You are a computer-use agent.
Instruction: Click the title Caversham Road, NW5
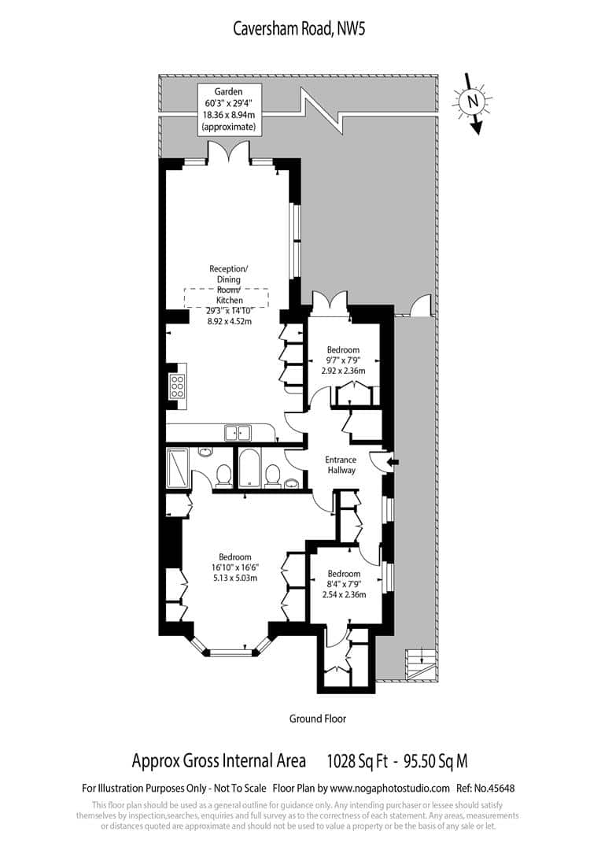(300, 29)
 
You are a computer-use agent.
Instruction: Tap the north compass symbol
(472, 102)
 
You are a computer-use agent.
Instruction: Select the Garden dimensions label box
(228, 109)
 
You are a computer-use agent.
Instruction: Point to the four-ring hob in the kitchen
(177, 386)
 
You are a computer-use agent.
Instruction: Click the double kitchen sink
(237, 432)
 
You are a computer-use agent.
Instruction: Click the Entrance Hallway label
(341, 464)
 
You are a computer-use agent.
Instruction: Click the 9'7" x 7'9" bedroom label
(344, 360)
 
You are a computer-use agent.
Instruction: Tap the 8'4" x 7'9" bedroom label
(344, 584)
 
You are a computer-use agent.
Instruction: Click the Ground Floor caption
(317, 719)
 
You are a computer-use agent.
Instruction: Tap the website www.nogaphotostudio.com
(390, 788)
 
